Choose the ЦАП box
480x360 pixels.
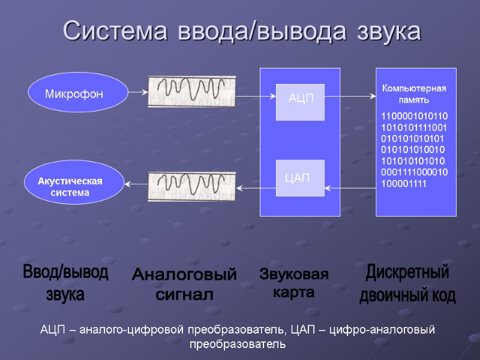pos(300,178)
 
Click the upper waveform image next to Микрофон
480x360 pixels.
pos(192,91)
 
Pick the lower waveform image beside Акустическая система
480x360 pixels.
pos(192,186)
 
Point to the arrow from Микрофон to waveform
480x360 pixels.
pos(138,93)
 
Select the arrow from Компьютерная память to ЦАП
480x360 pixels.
pos(350,190)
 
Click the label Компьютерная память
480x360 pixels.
pos(414,94)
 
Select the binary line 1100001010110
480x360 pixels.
pos(414,116)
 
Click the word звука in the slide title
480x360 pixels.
pos(388,31)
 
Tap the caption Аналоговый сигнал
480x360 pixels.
pos(184,284)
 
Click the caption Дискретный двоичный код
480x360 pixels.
pos(407,284)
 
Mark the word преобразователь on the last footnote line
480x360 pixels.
pos(239,345)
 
